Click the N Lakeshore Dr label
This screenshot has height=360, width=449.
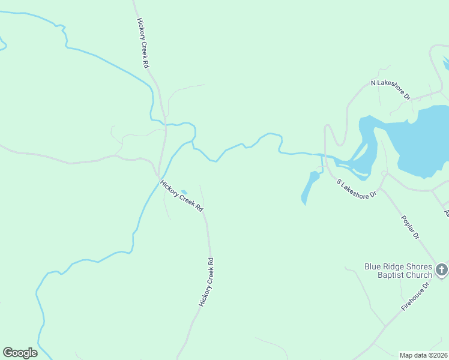tap(390, 89)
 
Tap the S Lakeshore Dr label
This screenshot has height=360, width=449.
tap(357, 188)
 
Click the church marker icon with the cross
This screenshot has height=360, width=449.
tap(442, 270)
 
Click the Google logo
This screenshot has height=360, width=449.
tap(20, 353)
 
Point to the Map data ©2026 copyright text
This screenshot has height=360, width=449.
tap(424, 355)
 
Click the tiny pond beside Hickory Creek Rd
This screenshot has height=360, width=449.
tap(184, 192)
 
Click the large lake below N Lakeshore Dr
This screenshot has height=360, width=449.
tap(420, 141)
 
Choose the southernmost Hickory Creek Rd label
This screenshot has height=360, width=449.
tap(206, 283)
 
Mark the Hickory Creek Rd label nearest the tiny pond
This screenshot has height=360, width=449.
tap(182, 196)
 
